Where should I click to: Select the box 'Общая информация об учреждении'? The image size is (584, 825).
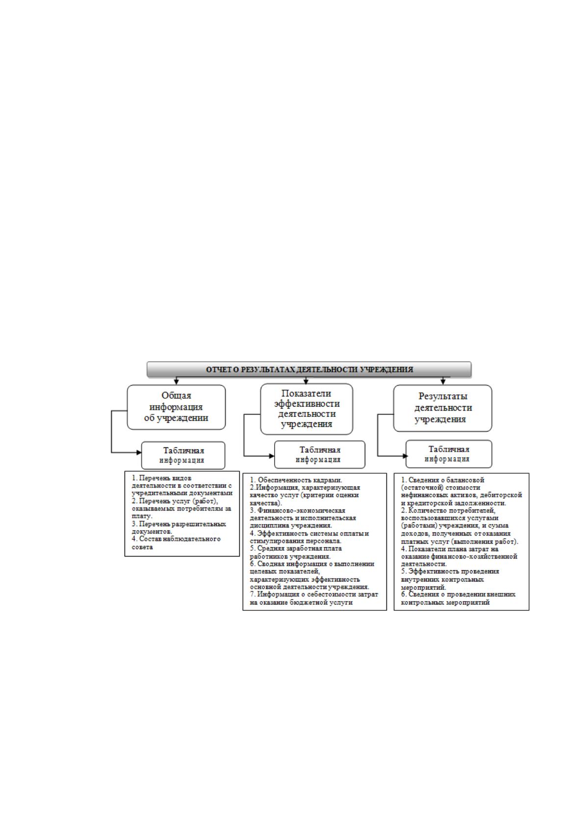pos(176,407)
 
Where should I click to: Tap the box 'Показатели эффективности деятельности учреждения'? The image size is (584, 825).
pos(307,409)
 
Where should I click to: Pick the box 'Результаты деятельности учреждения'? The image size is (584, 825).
pos(443,408)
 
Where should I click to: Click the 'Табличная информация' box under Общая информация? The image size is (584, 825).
pos(183,455)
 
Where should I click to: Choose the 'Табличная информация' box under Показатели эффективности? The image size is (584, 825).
pos(320,455)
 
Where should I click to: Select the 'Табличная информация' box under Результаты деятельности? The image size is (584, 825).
pos(449,454)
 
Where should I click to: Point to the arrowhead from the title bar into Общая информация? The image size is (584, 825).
pos(177,382)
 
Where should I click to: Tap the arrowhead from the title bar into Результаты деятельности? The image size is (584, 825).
pos(443,382)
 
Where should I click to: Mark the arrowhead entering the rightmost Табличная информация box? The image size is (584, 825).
pos(405,456)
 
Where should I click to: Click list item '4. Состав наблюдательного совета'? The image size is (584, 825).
pos(176,543)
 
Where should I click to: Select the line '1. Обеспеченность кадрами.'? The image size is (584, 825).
pos(296,480)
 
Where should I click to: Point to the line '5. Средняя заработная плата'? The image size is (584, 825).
pos(296,548)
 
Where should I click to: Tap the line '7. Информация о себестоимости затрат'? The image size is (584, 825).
pos(314,594)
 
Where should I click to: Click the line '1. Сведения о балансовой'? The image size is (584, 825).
pos(442,480)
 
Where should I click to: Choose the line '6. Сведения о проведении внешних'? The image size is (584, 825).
pos(458,594)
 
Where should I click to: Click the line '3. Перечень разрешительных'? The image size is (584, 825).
pos(179,524)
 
